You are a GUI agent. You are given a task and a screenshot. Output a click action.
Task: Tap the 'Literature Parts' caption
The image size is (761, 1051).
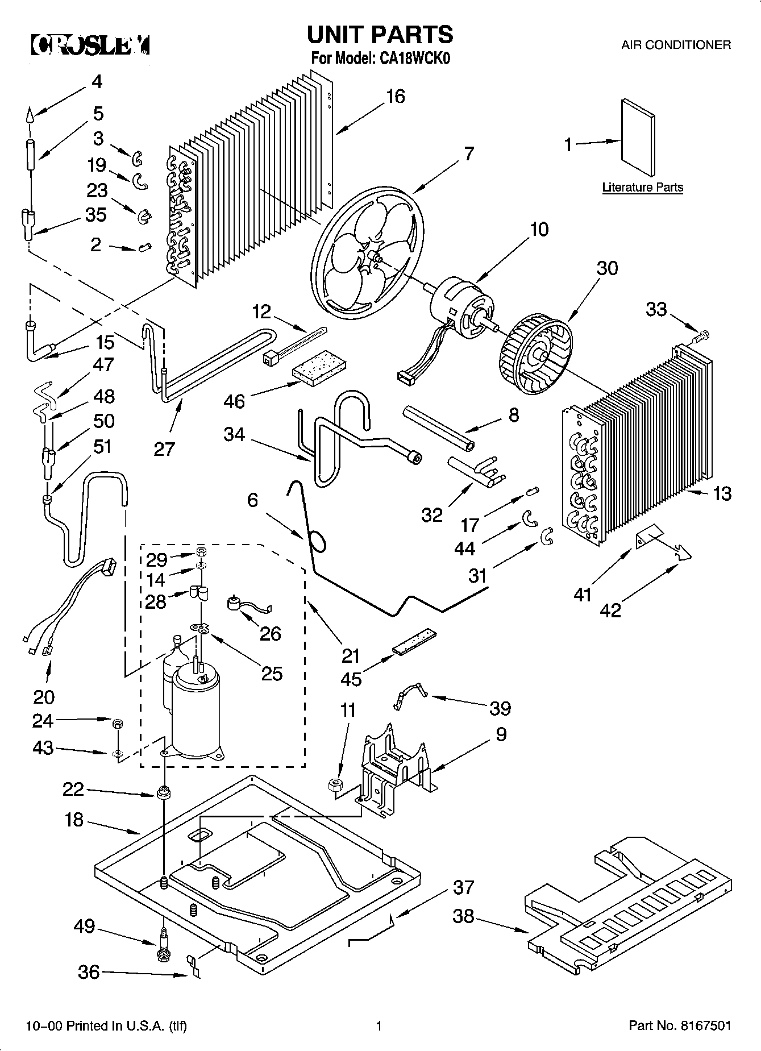643,188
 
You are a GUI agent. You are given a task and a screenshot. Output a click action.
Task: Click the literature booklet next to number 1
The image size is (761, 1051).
638,139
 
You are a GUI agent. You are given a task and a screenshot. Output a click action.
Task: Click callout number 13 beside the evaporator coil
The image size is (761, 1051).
722,493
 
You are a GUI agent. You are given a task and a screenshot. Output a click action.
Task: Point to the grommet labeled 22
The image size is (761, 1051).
164,792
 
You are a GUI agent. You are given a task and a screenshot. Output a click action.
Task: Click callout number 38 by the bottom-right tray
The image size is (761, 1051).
463,916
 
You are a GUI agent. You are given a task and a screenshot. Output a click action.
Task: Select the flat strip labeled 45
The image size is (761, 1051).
412,641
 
